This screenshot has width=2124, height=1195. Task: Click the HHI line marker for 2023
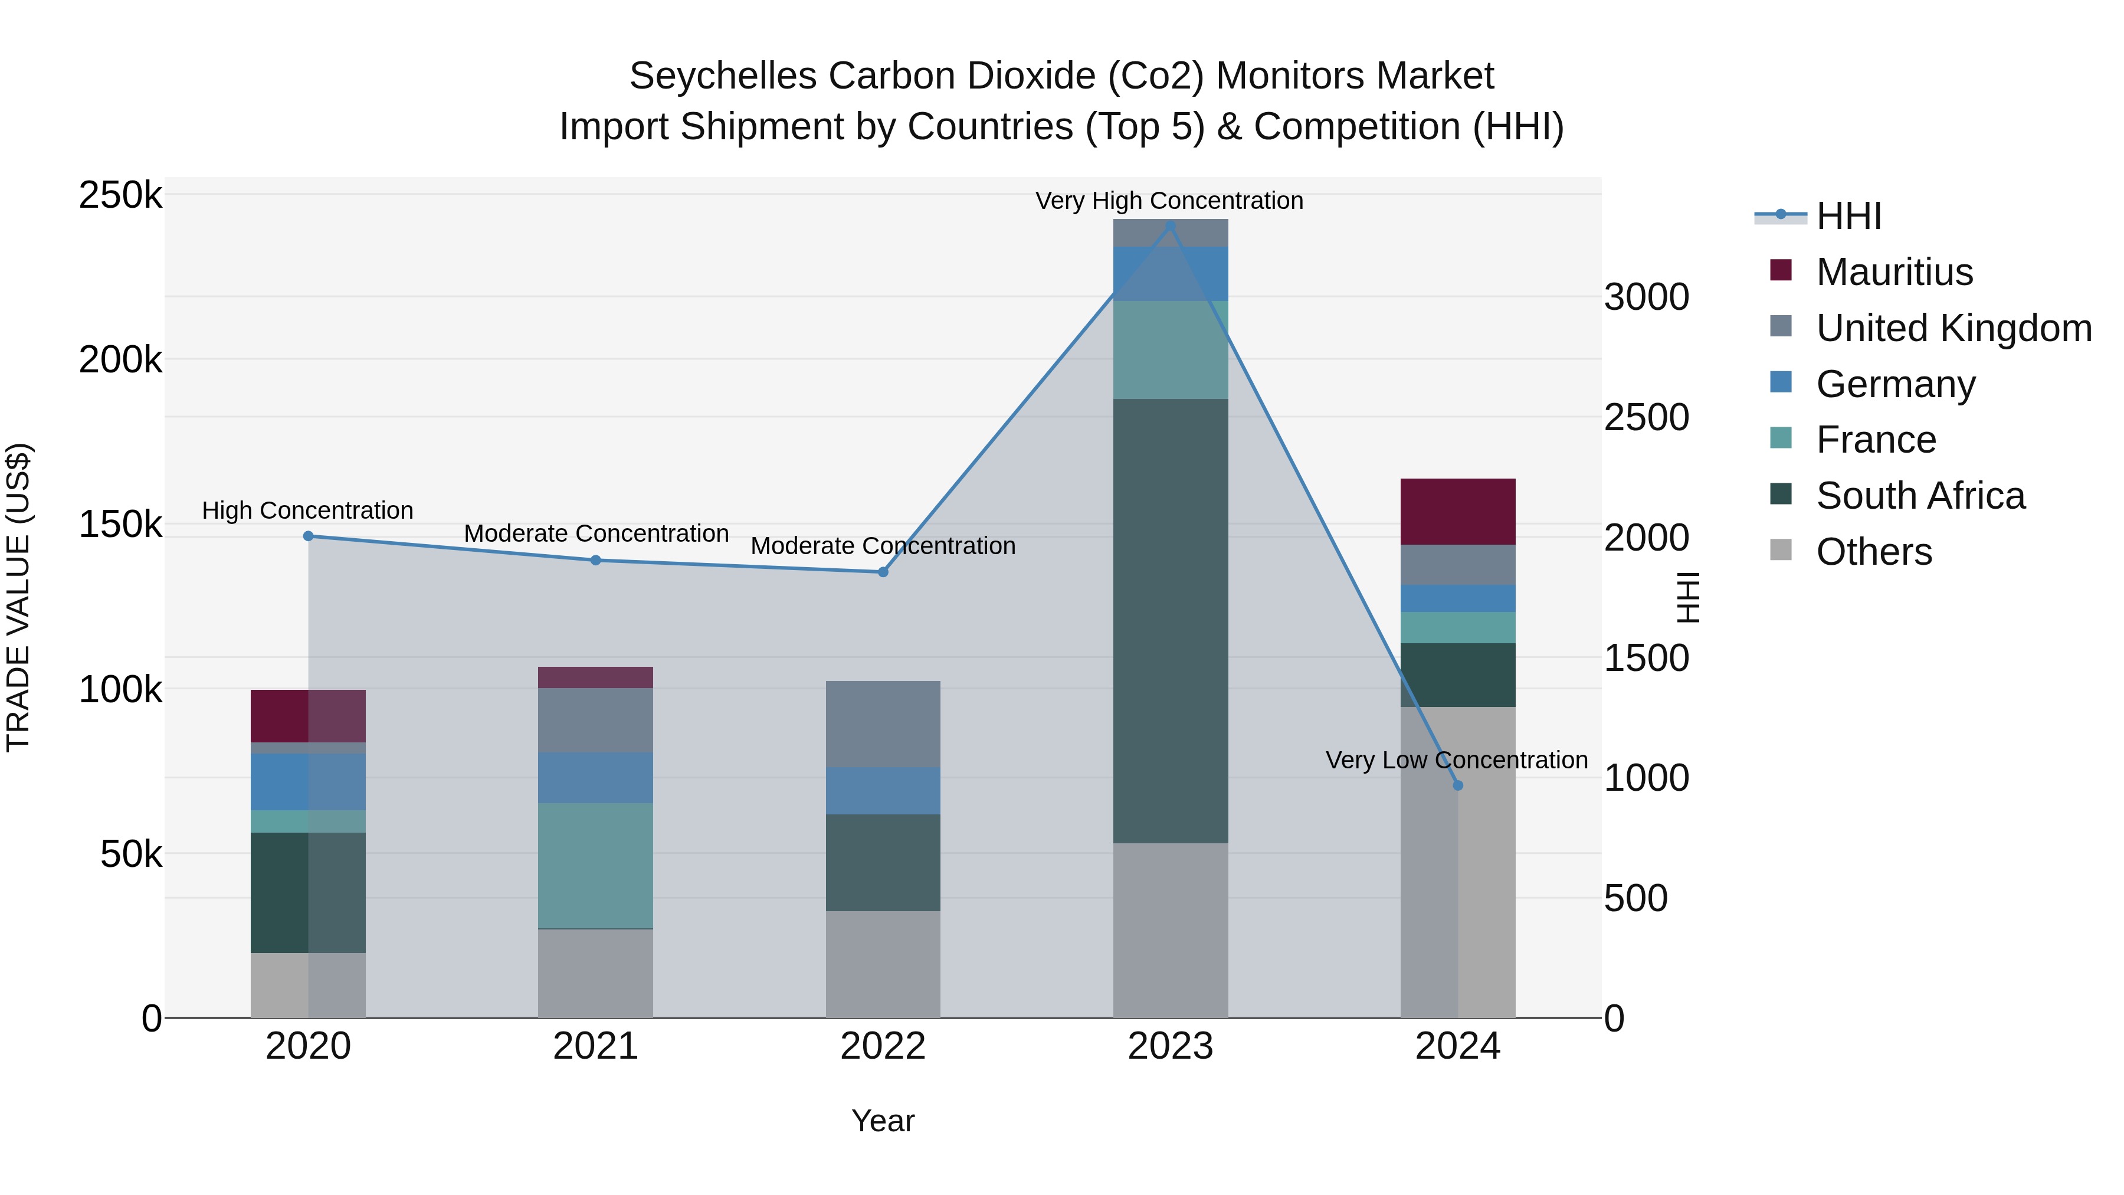(x=1169, y=226)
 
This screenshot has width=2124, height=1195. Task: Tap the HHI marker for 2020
(x=309, y=536)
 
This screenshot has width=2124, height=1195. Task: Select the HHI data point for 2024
(x=1458, y=785)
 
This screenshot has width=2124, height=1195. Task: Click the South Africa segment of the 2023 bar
(x=1170, y=620)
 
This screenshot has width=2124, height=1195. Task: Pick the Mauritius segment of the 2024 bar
(x=1458, y=511)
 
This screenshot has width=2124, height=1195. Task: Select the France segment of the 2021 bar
(x=595, y=865)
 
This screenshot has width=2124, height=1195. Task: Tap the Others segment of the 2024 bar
(x=1458, y=862)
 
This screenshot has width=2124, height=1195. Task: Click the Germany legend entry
(x=1894, y=384)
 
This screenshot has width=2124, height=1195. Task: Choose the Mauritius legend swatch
(x=1781, y=270)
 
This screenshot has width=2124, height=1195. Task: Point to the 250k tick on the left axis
(x=120, y=197)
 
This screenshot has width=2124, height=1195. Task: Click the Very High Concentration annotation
(x=1169, y=201)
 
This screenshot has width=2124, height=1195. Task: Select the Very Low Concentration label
(x=1456, y=759)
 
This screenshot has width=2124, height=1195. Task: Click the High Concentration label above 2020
(x=307, y=510)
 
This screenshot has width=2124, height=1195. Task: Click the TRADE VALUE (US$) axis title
(x=18, y=597)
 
